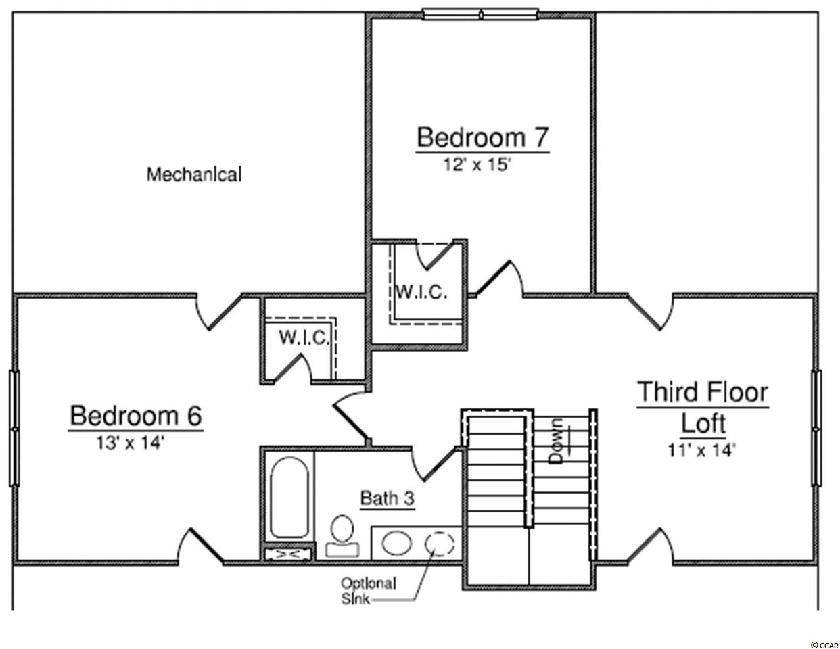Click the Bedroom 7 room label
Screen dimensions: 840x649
click(x=482, y=137)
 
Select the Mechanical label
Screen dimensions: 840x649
click(x=194, y=174)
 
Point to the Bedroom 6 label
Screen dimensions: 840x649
click(x=136, y=416)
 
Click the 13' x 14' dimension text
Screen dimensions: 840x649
click(x=131, y=443)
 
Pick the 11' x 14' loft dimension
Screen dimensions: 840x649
click(x=701, y=450)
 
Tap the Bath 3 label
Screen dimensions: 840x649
click(x=388, y=498)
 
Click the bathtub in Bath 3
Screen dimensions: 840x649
click(x=289, y=497)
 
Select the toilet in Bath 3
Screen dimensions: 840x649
click(x=342, y=536)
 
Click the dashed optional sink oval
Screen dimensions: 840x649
click(x=440, y=543)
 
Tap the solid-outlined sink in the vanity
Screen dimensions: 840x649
click(x=396, y=543)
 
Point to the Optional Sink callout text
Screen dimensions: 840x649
click(x=369, y=591)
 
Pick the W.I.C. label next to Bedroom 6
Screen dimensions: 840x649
click(x=304, y=338)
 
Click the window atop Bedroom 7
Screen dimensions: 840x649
click(x=480, y=15)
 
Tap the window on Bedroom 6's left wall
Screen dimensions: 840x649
click(x=14, y=428)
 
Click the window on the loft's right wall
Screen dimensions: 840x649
click(x=816, y=428)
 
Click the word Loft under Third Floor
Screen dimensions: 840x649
click(x=703, y=423)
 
